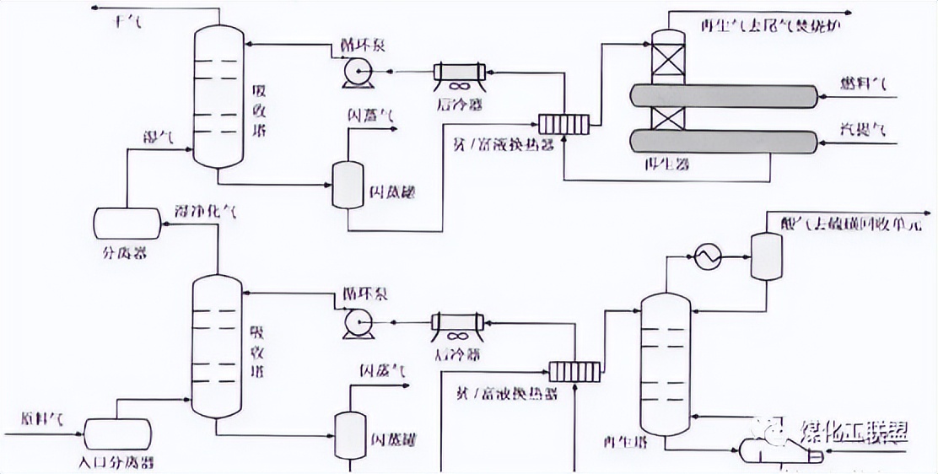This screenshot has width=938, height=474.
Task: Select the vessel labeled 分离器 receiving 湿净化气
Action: [x=127, y=221]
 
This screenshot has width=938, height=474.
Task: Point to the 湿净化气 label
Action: [x=205, y=211]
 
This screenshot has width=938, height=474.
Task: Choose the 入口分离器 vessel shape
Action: [x=117, y=434]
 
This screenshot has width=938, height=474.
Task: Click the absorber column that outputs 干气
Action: [x=217, y=97]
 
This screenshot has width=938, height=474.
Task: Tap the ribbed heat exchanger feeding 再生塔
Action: [x=574, y=370]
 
